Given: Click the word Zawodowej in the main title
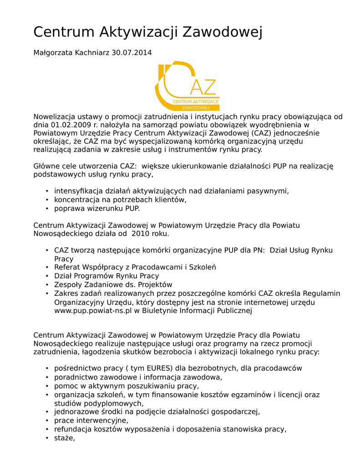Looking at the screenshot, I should [223, 32].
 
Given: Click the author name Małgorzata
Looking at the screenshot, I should [51, 53].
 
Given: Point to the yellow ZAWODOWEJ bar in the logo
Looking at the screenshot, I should [195, 108].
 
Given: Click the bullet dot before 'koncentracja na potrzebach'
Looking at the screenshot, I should [47, 200].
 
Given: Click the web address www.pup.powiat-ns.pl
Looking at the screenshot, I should [93, 311].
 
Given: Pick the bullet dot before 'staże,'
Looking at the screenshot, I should [47, 438].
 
